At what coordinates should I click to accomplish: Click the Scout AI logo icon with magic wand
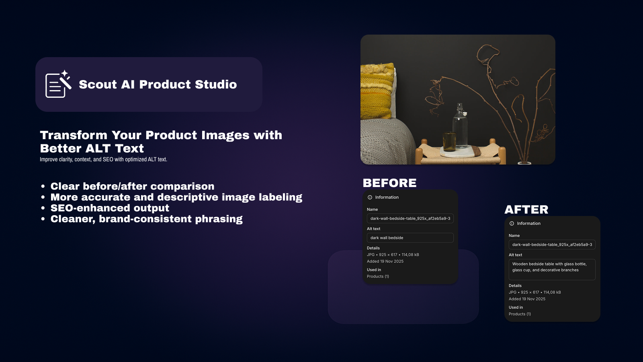point(58,84)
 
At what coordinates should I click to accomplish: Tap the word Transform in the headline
point(74,135)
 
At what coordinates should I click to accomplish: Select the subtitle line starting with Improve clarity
point(103,160)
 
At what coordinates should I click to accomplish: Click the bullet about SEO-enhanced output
point(110,208)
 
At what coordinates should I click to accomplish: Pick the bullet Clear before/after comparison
point(132,186)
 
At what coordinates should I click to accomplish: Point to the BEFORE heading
point(389,183)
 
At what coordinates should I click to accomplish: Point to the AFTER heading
point(526,210)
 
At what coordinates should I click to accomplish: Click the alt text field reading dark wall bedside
point(410,238)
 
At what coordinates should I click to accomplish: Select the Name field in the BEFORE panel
point(410,218)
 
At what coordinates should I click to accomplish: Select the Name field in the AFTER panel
point(552,245)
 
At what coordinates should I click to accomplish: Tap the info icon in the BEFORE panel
point(370,197)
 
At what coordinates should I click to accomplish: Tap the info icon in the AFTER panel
point(512,224)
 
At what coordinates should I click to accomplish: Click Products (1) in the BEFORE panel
point(378,277)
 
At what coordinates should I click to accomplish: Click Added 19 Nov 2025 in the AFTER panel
point(527,299)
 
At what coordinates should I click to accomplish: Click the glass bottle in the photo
point(460,127)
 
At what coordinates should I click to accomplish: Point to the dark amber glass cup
point(449,142)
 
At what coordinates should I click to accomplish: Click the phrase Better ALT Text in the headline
point(92,148)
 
